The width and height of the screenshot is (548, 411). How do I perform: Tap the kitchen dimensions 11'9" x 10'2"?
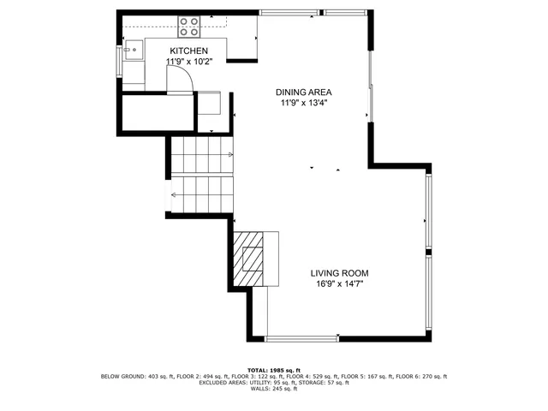pos(188,62)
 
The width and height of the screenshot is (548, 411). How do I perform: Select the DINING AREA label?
pos(303,92)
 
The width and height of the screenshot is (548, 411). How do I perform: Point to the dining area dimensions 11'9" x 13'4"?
pos(303,103)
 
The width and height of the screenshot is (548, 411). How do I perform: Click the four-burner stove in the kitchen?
pos(188,27)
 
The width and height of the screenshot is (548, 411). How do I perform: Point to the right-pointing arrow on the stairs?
pos(231,154)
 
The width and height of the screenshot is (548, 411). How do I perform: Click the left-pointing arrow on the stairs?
pos(174,194)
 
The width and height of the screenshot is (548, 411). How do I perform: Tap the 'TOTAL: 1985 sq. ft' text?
pos(273,370)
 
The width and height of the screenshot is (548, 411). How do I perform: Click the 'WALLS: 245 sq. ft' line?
pos(273,390)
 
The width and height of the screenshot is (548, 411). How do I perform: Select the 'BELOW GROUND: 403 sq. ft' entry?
pos(134,377)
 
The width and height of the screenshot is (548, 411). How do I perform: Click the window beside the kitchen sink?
pos(119,61)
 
